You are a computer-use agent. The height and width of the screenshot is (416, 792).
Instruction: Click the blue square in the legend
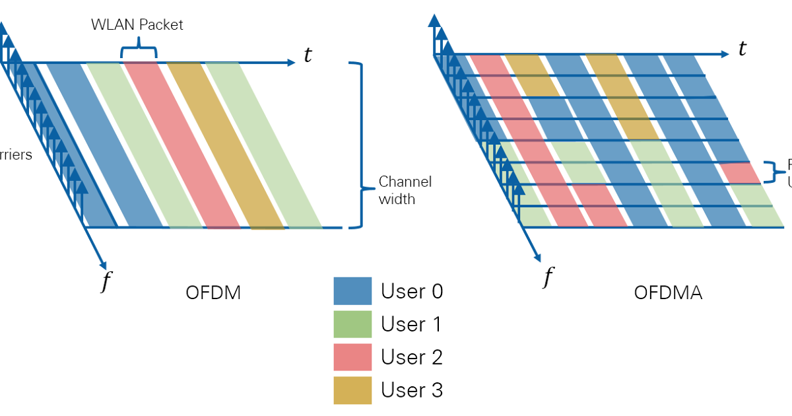[352, 291]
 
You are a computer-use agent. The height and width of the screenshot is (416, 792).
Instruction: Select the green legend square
[352, 324]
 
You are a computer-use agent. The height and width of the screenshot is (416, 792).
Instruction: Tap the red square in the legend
[352, 357]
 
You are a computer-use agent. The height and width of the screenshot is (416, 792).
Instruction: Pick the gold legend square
[352, 390]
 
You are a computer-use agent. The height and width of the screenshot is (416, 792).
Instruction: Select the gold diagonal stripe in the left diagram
[224, 145]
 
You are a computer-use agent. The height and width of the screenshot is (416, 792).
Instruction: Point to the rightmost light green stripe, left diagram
[264, 145]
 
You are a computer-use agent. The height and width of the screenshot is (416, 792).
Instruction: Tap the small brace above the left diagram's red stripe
[139, 50]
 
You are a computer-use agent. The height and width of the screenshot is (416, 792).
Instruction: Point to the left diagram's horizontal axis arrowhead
[291, 63]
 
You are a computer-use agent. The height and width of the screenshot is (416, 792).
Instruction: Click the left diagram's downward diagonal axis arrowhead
[102, 265]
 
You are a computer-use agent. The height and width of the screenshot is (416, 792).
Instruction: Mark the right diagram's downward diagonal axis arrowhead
[537, 258]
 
